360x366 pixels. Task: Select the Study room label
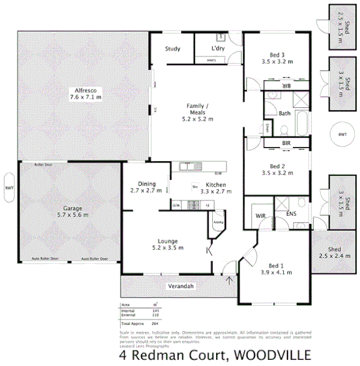173,49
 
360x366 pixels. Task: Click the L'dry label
217,48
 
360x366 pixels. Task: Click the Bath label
284,114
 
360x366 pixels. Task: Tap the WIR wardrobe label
259,216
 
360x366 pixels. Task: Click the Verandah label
181,286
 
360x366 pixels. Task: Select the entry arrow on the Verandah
230,280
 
